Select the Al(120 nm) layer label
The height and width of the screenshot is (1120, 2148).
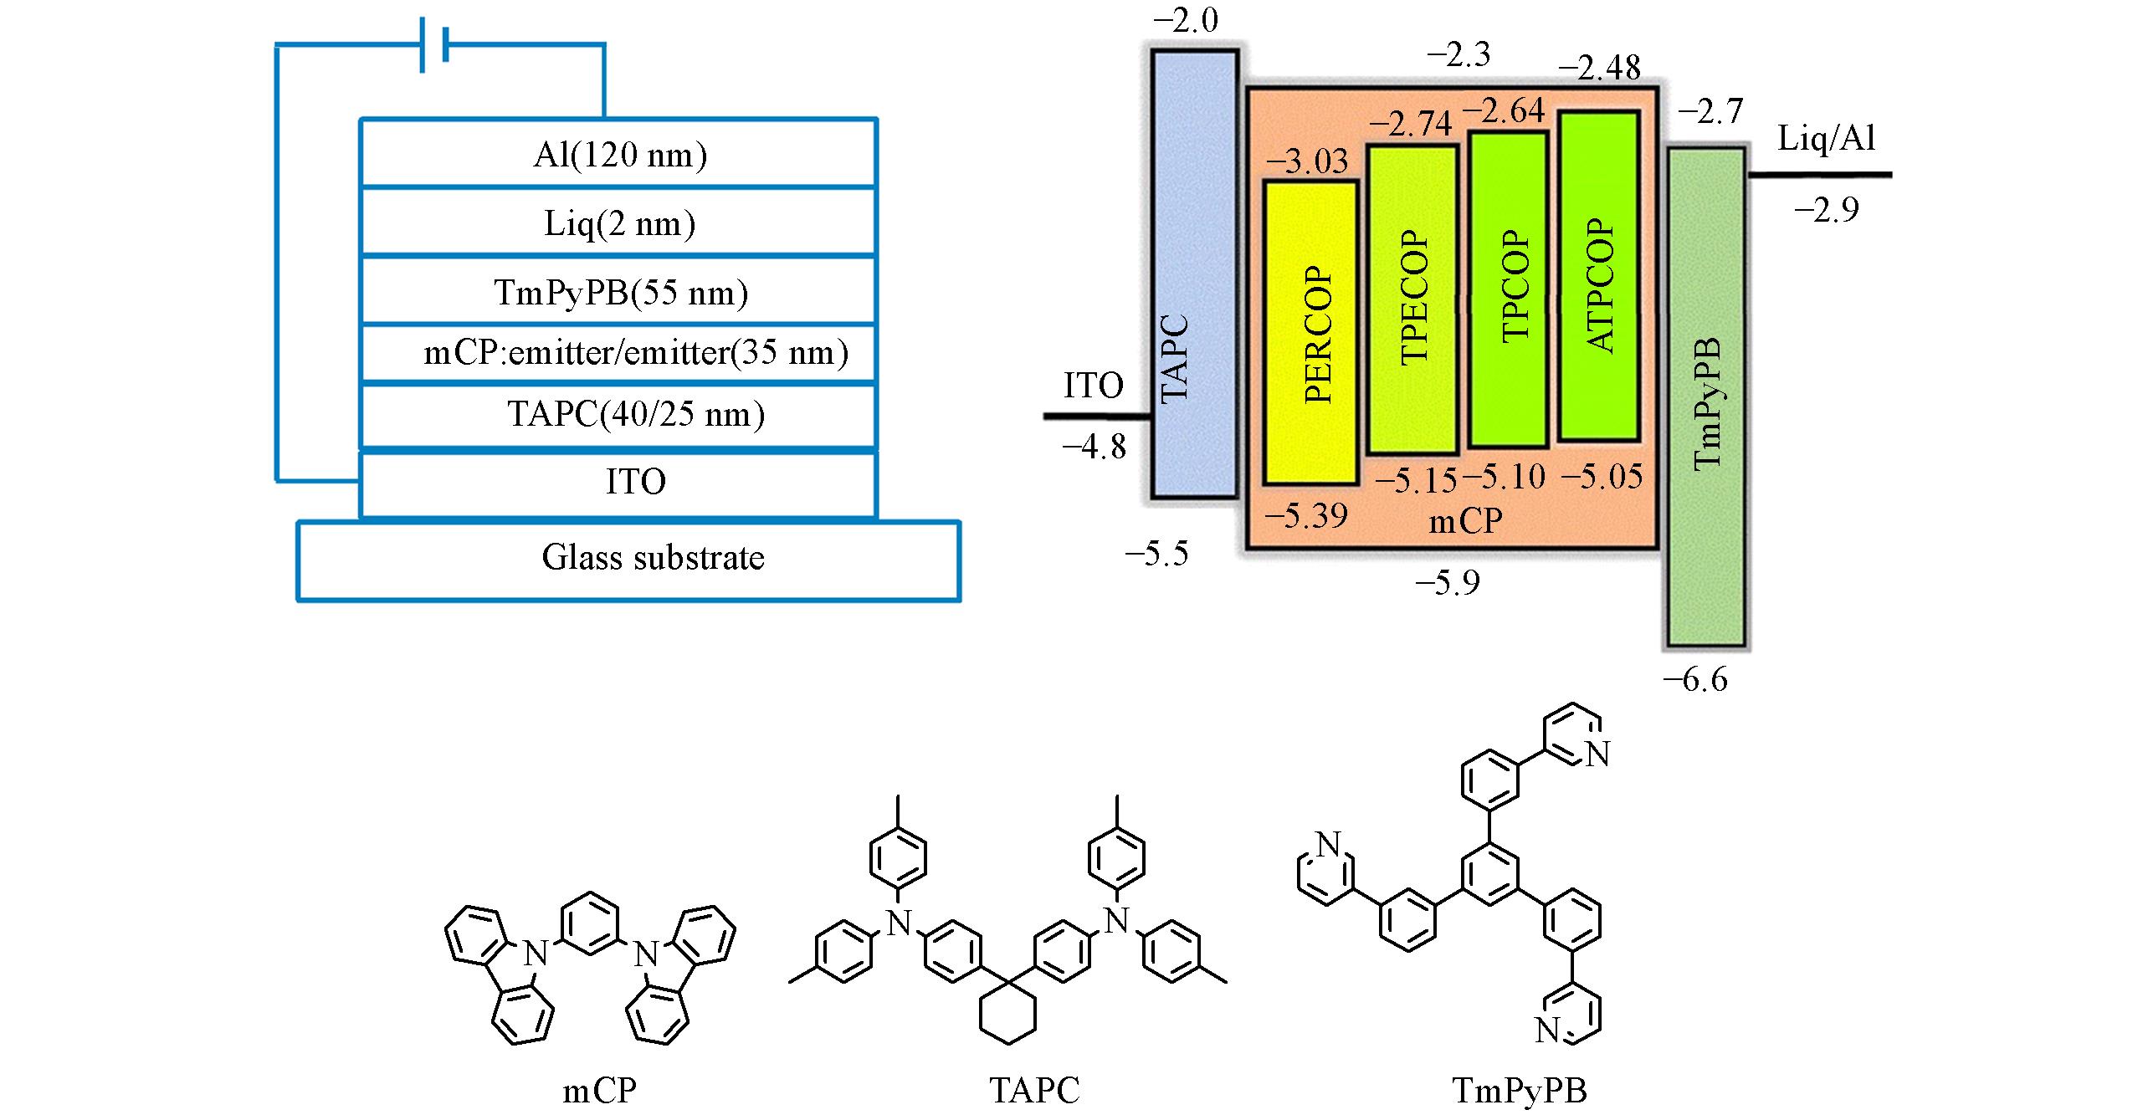pyautogui.click(x=619, y=156)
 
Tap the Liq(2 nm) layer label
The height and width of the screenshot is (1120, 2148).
pyautogui.click(x=619, y=224)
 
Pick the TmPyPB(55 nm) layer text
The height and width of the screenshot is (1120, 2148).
pyautogui.click(x=620, y=293)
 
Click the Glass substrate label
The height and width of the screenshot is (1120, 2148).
pyautogui.click(x=653, y=558)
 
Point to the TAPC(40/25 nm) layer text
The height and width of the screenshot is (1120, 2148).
pyautogui.click(x=636, y=415)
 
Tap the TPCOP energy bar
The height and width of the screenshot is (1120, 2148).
pyautogui.click(x=1509, y=289)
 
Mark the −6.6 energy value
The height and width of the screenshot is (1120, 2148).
pyautogui.click(x=1694, y=681)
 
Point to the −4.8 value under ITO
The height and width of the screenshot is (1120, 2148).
pyautogui.click(x=1095, y=448)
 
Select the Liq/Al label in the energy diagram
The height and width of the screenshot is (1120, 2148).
pyautogui.click(x=1827, y=139)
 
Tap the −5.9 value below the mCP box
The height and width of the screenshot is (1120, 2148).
pyautogui.click(x=1447, y=583)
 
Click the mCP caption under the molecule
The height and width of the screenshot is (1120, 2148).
pyautogui.click(x=599, y=1091)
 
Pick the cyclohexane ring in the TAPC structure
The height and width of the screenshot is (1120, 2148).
pyautogui.click(x=1007, y=1012)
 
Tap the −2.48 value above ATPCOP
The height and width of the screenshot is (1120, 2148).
pyautogui.click(x=1598, y=69)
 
